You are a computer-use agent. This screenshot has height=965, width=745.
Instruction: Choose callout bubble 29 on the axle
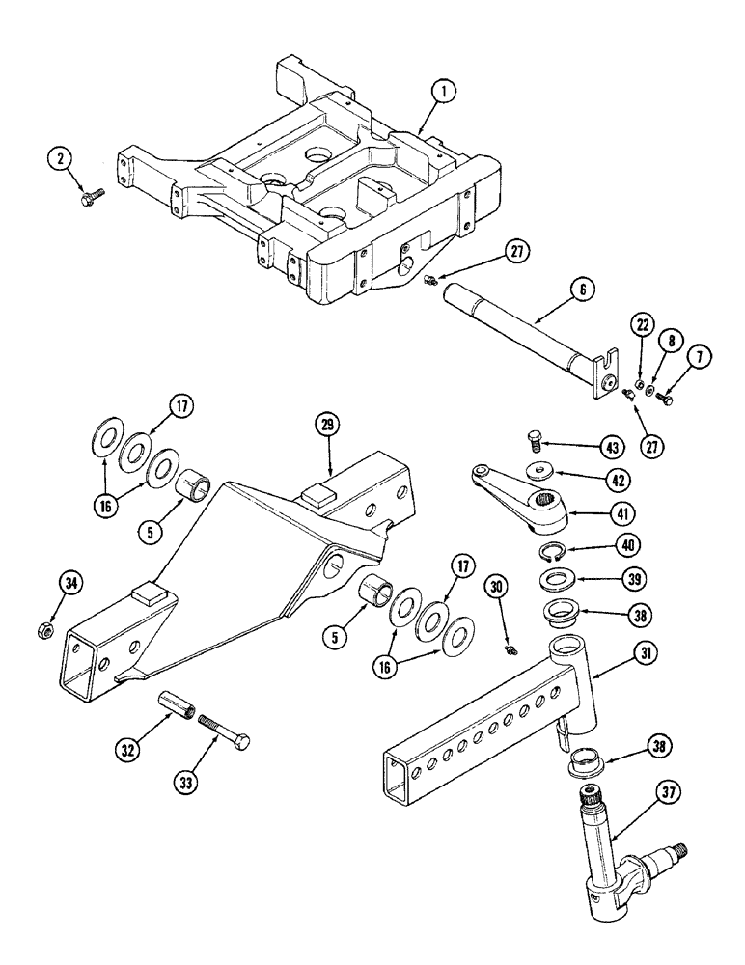pos(328,425)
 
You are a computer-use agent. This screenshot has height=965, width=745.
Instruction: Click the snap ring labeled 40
pos(551,552)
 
